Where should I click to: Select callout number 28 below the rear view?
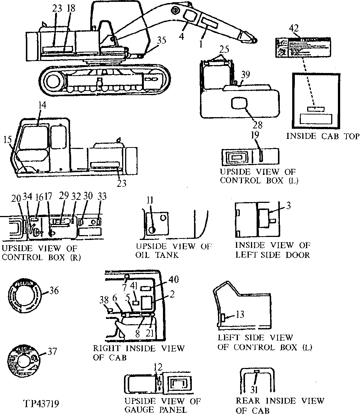[x=257, y=124]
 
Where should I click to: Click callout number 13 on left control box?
[x=240, y=315]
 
